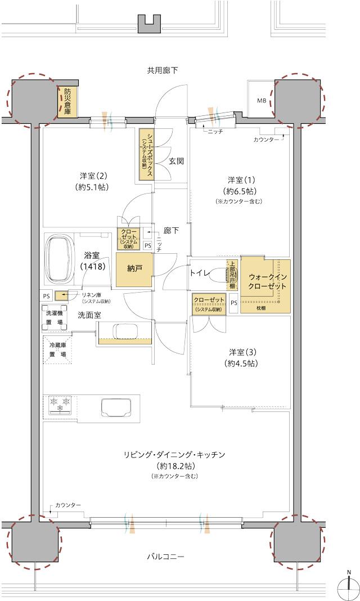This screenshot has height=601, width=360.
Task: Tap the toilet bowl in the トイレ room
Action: point(230,275)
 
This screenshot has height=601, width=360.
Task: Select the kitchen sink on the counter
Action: point(116,407)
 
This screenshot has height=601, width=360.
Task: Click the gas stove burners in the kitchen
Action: point(60,403)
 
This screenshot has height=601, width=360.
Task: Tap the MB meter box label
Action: point(262,101)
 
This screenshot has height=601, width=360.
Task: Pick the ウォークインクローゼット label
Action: point(267,281)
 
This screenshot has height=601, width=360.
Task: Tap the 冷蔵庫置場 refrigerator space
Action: point(58,349)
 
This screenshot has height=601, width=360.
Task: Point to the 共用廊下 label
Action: point(163,70)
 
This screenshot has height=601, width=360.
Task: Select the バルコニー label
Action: point(165,557)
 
